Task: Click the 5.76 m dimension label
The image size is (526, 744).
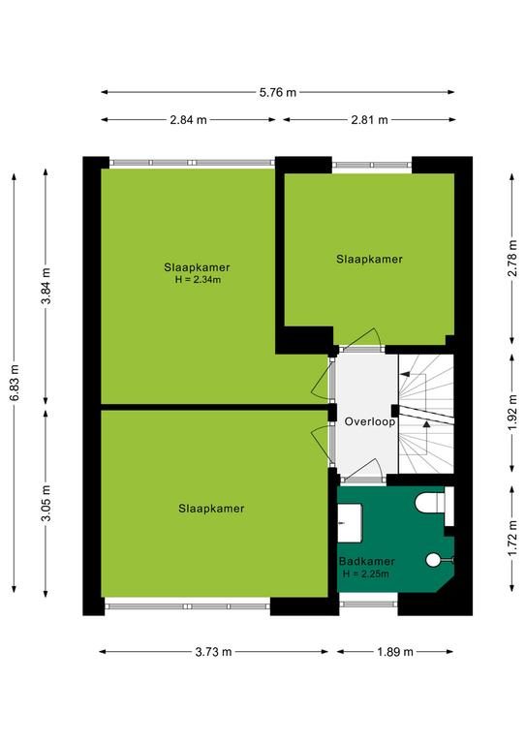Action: (x=277, y=93)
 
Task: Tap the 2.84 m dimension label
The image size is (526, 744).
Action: (x=188, y=120)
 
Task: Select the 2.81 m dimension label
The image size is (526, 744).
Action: (x=369, y=120)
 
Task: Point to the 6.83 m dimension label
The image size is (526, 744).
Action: (x=15, y=383)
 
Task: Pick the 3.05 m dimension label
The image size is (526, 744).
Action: (x=46, y=504)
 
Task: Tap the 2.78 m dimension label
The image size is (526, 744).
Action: (x=512, y=258)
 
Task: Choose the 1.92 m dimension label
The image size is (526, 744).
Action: (x=512, y=413)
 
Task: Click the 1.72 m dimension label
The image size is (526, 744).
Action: (x=512, y=539)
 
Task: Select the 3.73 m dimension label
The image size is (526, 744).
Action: (x=213, y=652)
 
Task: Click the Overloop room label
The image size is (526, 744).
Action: (x=370, y=421)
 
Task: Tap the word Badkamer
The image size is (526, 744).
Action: (x=366, y=561)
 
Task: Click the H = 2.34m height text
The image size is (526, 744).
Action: (x=198, y=279)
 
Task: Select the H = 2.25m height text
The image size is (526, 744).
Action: (x=366, y=573)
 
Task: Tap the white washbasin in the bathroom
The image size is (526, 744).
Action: (x=350, y=523)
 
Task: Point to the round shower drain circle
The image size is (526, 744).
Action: (x=433, y=560)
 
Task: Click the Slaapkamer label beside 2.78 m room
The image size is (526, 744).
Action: (x=369, y=259)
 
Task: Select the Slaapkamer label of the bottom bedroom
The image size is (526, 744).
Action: (x=211, y=509)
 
